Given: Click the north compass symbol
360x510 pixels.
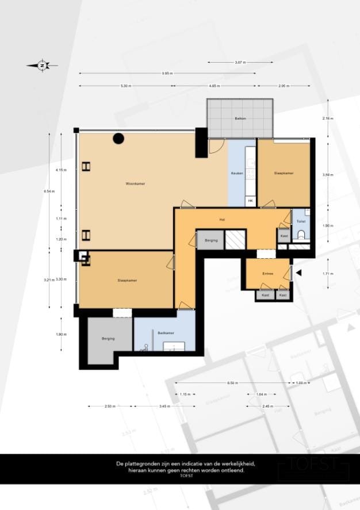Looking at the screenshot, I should tap(42, 66).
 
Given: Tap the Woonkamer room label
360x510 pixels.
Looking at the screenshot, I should tap(135, 183).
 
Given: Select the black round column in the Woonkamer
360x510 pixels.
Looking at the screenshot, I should tap(118, 138).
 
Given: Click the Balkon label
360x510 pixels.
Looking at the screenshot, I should tap(240, 118).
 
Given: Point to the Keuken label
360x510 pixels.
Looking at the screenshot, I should tap(236, 173).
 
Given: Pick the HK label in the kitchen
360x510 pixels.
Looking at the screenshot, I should tap(250, 201).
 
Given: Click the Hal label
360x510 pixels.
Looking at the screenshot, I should tap(221, 220).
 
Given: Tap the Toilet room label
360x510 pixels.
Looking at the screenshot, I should tap(301, 221).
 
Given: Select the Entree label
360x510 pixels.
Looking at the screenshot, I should tap(267, 274).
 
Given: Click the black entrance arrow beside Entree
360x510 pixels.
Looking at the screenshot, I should tap(298, 274).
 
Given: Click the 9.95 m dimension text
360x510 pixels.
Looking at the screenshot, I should tap(167, 74).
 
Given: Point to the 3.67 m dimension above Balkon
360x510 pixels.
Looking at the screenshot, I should tap(240, 62).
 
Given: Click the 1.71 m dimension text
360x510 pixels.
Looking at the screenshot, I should tap(328, 274).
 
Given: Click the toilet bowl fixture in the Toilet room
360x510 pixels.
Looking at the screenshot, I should tap(302, 235).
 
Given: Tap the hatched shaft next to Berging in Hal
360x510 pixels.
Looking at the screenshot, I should tap(235, 240).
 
